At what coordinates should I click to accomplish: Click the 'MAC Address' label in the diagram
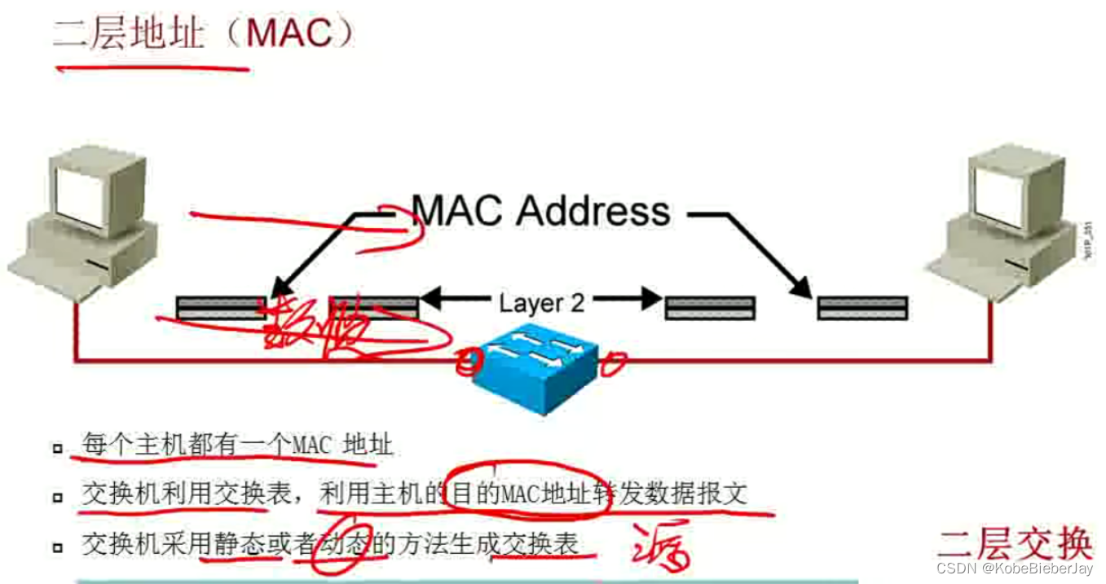pos(540,211)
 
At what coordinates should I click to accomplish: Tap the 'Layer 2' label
pos(542,303)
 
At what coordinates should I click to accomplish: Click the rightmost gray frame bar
pos(862,308)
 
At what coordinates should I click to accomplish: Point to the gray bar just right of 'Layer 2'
pos(710,308)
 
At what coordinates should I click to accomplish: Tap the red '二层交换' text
pos(1015,542)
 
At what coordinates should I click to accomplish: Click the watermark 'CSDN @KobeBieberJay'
pos(1015,568)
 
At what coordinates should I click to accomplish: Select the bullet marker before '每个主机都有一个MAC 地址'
pos(57,447)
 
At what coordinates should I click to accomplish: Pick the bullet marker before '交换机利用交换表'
pos(57,496)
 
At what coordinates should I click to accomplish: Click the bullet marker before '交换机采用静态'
pos(57,545)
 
